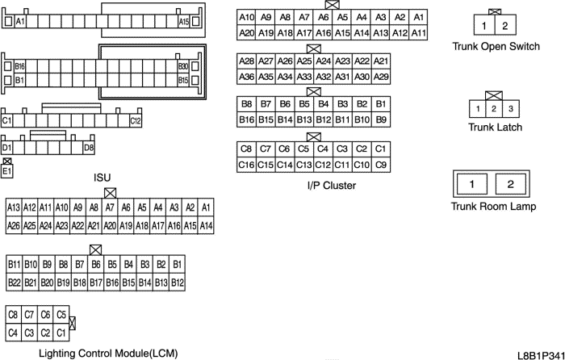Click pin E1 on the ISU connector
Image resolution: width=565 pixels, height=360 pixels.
tap(7, 171)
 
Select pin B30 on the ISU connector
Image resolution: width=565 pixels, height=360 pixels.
tap(183, 66)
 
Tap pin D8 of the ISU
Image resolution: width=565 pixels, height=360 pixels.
tap(89, 148)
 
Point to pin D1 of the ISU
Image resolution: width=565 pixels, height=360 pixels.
tap(7, 148)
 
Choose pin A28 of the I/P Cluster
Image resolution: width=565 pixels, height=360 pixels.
tap(247, 61)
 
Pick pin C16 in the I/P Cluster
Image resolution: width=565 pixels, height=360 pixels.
tap(246, 165)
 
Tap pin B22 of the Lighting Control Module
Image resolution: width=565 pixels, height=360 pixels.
tap(14, 282)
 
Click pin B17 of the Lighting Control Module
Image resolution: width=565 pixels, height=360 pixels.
tap(95, 282)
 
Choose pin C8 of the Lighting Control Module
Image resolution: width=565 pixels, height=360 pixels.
tap(13, 314)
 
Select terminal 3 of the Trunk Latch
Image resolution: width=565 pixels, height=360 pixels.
tap(510, 109)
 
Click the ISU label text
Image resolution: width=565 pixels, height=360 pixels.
tap(103, 178)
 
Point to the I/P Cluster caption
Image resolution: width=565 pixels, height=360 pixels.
tap(332, 186)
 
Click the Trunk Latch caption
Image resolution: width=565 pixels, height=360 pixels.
tap(495, 128)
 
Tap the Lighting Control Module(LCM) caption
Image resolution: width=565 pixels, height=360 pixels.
tap(108, 353)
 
